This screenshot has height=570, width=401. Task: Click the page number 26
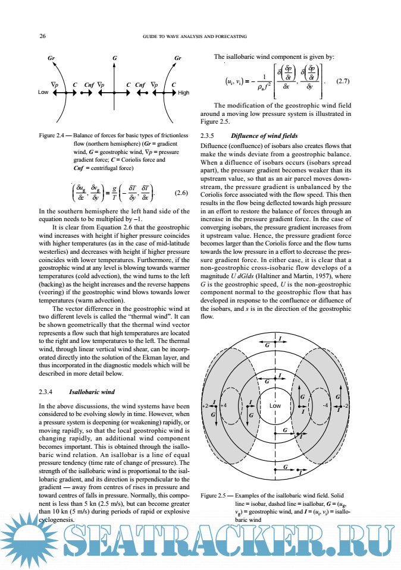point(42,36)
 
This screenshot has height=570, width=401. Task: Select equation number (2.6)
point(181,193)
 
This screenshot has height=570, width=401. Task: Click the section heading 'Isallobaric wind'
point(92,392)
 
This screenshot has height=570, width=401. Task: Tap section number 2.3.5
point(212,136)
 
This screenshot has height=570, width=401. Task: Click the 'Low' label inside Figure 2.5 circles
point(275,405)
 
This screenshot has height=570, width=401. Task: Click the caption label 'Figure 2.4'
point(54,136)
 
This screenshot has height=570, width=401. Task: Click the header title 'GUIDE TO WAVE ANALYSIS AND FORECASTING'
point(195,36)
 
